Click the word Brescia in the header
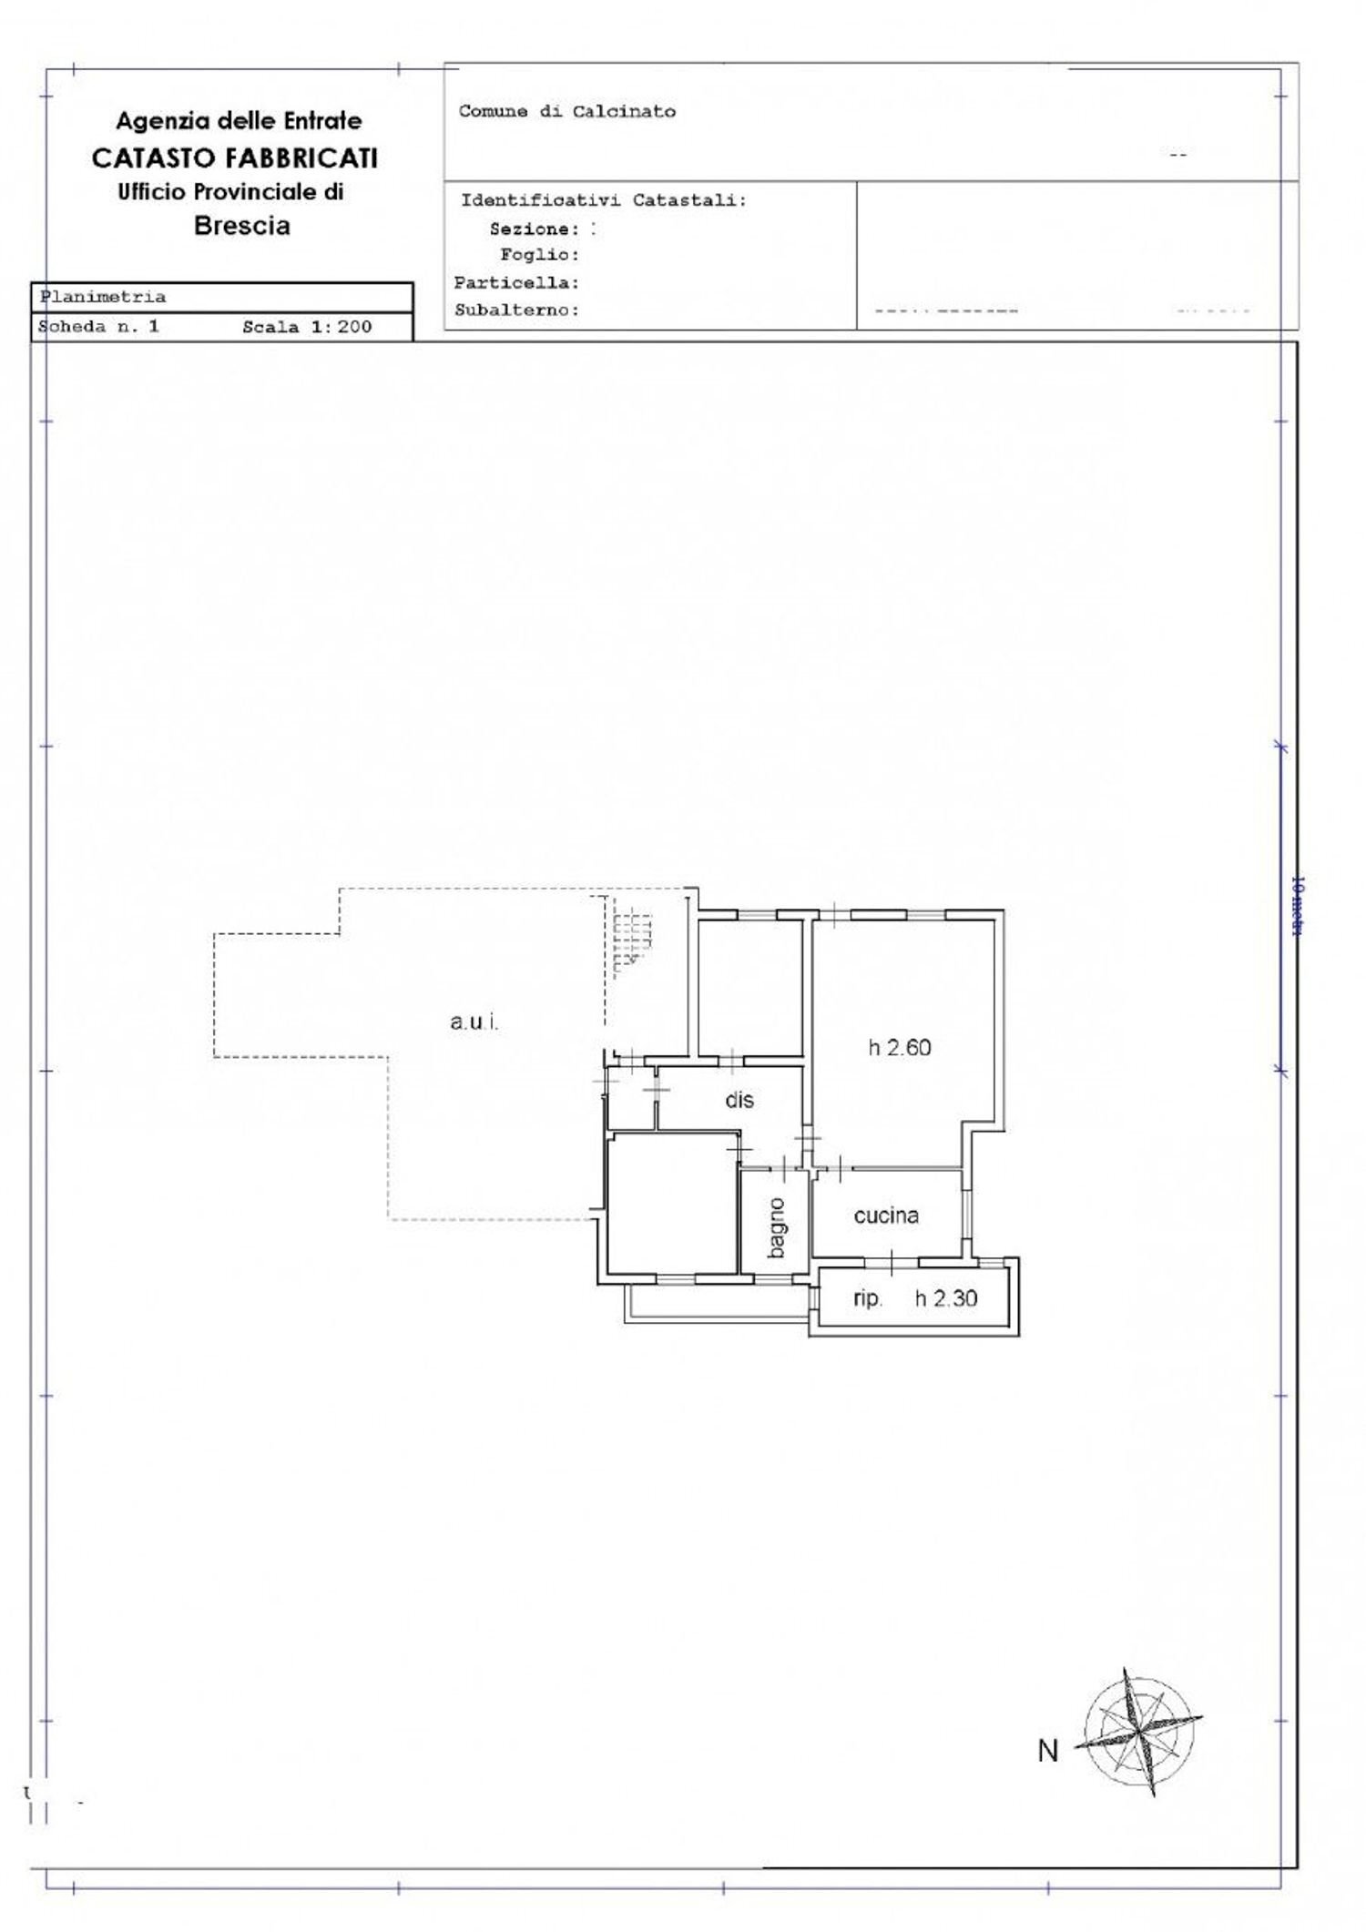241,227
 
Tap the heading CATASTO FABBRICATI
234,158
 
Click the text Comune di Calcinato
566,112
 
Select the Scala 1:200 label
307,327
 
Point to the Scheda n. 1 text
98,327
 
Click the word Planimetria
103,297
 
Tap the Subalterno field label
516,310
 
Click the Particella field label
516,283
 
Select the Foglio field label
539,255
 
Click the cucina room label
885,1215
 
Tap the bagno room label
776,1228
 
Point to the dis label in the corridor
739,1100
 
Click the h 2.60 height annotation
899,1048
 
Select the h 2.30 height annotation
946,1299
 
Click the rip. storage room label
867,1299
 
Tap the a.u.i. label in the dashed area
474,1022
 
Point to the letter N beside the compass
1048,1750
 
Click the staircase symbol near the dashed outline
633,938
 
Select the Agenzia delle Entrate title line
239,121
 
